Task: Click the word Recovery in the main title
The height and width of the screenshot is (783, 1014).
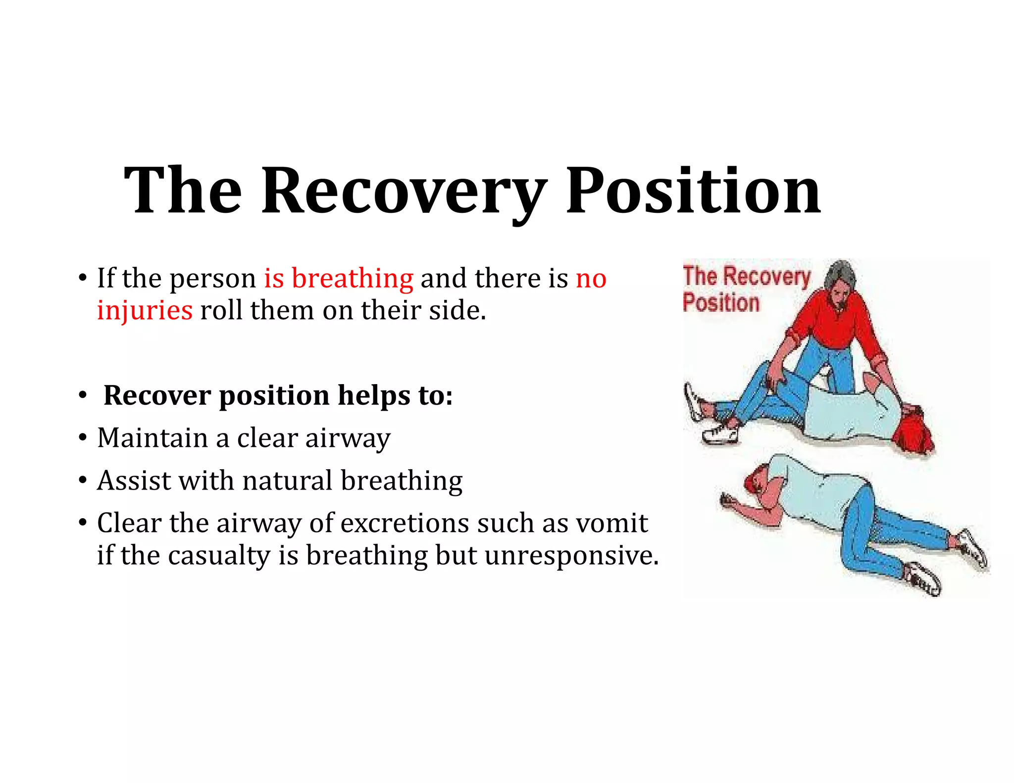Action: [404, 192]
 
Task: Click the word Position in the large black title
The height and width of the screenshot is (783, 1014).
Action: [693, 192]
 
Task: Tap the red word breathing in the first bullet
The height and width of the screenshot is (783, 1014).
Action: [352, 278]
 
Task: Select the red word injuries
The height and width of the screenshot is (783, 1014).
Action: [145, 311]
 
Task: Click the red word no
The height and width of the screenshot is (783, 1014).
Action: [591, 278]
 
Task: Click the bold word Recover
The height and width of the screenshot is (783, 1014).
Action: [157, 395]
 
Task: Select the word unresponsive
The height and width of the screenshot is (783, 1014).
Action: [571, 555]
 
